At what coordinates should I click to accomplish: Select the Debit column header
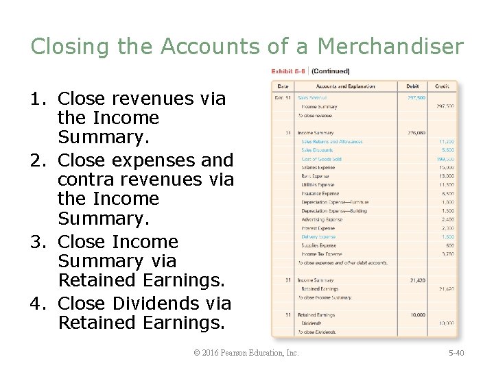[x=412, y=86]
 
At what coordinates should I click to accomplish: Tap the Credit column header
[x=442, y=86]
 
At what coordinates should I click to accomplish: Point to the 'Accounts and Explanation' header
[x=345, y=86]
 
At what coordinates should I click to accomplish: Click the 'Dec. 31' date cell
[x=282, y=98]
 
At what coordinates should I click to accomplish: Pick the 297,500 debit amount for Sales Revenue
[x=416, y=98]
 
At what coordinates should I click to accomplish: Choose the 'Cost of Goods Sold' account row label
[x=321, y=159]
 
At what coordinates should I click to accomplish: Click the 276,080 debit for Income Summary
[x=416, y=133]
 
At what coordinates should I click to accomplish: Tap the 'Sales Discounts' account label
[x=317, y=150]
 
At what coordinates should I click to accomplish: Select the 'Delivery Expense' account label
[x=318, y=237]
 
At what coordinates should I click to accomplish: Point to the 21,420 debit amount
[x=417, y=280]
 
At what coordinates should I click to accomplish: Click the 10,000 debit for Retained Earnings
[x=417, y=315]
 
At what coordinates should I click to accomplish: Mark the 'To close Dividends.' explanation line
[x=317, y=332]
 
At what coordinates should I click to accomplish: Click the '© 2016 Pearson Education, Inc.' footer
[x=246, y=353]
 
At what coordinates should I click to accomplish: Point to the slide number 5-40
[x=456, y=353]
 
